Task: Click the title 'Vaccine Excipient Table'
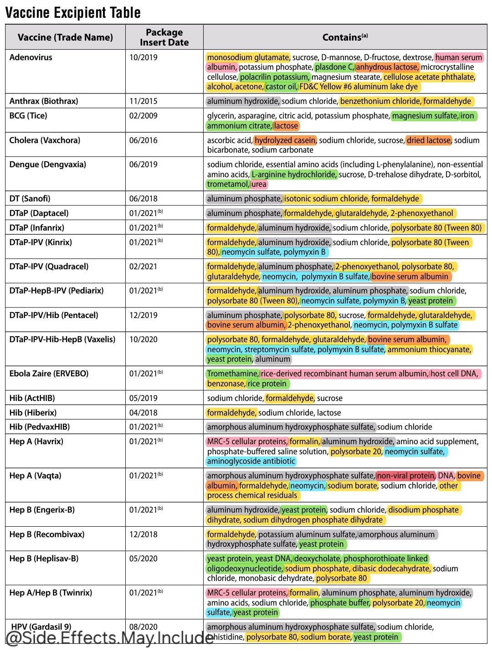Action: (x=73, y=12)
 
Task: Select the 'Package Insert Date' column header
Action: (x=164, y=37)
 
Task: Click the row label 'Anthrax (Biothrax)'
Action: (x=44, y=101)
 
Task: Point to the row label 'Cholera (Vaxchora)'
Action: (x=45, y=140)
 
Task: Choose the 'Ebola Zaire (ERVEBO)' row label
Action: (x=49, y=374)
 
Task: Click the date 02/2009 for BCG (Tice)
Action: (x=143, y=116)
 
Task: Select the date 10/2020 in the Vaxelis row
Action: (x=143, y=339)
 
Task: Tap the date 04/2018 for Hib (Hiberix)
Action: (x=143, y=413)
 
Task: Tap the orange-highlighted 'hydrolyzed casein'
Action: (x=285, y=140)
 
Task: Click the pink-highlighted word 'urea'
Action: (x=259, y=184)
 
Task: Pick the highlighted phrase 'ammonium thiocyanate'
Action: (x=429, y=349)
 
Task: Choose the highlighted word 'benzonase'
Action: (x=225, y=384)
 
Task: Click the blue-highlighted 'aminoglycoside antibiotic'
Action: (x=251, y=461)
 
